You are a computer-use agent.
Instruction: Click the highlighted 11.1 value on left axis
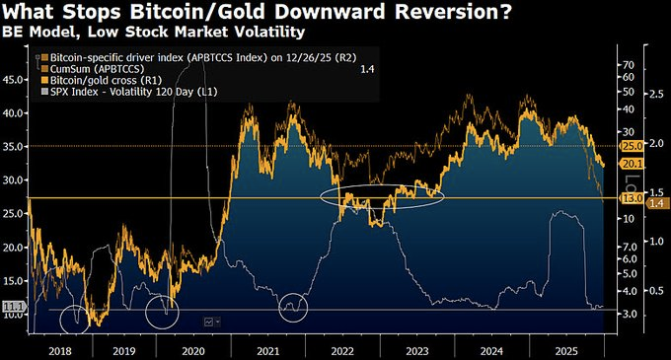pos(12,309)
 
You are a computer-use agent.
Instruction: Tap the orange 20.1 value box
pos(632,163)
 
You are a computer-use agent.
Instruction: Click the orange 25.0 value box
pos(632,146)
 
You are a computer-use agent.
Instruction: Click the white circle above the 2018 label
pos(77,320)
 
